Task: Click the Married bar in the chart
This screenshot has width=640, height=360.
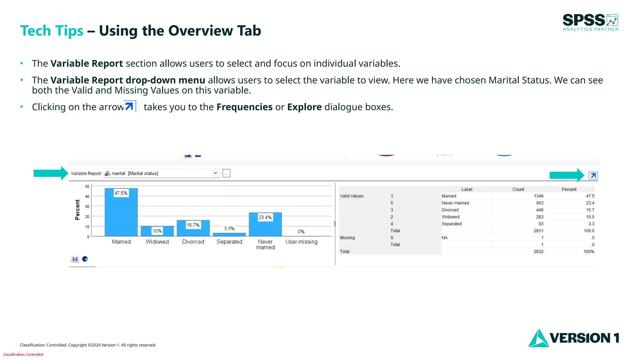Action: click(x=121, y=216)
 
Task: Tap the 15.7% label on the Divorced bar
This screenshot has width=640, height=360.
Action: click(x=193, y=225)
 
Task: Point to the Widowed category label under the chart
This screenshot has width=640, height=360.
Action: click(x=157, y=242)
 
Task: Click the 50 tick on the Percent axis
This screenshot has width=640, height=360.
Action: click(x=87, y=187)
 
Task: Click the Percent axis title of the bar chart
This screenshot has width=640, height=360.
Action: click(x=77, y=210)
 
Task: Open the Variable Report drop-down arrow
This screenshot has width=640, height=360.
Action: click(x=215, y=173)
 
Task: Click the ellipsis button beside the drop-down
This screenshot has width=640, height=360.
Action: click(x=226, y=173)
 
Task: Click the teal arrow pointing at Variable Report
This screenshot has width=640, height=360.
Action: click(x=50, y=173)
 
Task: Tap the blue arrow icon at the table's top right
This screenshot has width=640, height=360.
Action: click(x=593, y=176)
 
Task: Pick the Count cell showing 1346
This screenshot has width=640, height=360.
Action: click(x=538, y=196)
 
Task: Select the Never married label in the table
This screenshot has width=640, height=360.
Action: click(x=455, y=203)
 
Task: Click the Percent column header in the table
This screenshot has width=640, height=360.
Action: click(x=569, y=189)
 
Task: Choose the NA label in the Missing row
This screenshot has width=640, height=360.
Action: click(x=445, y=238)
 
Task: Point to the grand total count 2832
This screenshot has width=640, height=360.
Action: click(x=538, y=252)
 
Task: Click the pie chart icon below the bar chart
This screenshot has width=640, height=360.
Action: click(x=85, y=259)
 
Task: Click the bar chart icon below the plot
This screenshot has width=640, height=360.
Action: click(x=75, y=259)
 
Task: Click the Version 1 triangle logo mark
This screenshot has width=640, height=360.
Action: click(x=538, y=338)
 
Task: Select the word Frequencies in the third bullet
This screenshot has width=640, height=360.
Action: click(x=244, y=107)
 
